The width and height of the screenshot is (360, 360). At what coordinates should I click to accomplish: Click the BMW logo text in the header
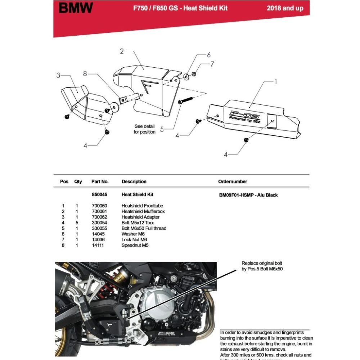[x=76, y=8]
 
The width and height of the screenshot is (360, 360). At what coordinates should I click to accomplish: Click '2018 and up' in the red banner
[x=285, y=8]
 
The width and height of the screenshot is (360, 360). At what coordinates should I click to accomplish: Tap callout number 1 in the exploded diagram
[x=276, y=82]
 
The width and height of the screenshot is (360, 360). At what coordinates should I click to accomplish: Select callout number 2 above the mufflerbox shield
[x=122, y=51]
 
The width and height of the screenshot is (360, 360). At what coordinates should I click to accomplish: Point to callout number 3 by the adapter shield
[x=58, y=76]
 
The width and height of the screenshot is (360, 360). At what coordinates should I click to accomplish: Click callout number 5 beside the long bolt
[x=162, y=129]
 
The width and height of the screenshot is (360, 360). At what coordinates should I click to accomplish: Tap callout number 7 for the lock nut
[x=212, y=64]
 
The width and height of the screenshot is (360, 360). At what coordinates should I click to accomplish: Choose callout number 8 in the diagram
[x=85, y=74]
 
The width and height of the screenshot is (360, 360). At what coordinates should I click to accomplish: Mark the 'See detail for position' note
[x=144, y=129]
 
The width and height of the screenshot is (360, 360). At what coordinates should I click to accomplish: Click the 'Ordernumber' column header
[x=233, y=181]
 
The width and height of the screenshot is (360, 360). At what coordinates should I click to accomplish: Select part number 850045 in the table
[x=99, y=195]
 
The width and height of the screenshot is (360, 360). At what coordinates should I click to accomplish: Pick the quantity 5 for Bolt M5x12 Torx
[x=77, y=223]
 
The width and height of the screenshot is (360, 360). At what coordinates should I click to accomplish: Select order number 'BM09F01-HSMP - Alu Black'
[x=248, y=195]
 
